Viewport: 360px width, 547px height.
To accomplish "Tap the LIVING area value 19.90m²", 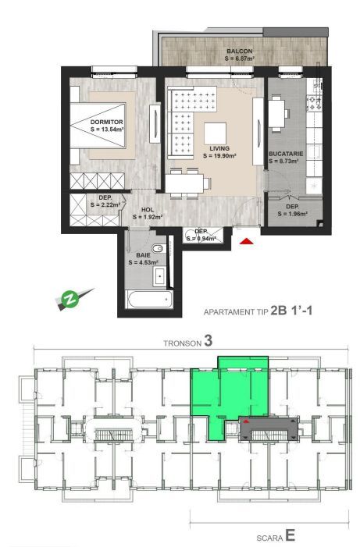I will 219,155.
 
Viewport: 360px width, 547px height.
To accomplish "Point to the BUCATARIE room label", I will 287,154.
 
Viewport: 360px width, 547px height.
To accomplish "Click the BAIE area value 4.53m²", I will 147,262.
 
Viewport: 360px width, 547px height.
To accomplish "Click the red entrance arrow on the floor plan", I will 247,243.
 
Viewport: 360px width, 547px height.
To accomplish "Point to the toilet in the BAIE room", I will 159,249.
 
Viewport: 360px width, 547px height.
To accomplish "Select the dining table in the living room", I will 187,183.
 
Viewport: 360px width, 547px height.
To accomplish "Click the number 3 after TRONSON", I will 208,340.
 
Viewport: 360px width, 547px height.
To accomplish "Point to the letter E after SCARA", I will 289,536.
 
